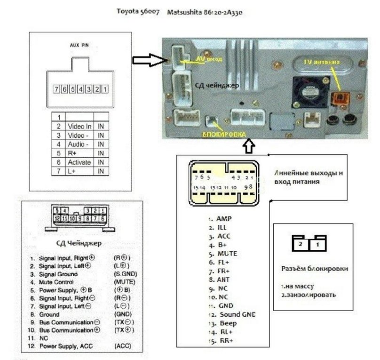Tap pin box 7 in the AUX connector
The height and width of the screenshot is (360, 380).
pyautogui.click(x=56, y=88)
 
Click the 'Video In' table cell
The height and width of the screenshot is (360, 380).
pyautogui.click(x=79, y=127)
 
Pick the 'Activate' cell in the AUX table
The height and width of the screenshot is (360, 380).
pyautogui.click(x=78, y=162)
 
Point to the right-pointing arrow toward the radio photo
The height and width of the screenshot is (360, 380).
pyautogui.click(x=148, y=60)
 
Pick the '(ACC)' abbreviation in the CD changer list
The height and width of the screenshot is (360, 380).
pyautogui.click(x=121, y=346)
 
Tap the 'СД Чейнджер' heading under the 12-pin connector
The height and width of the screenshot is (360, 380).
pyautogui.click(x=79, y=243)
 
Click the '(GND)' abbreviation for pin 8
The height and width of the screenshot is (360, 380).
pyautogui.click(x=122, y=314)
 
